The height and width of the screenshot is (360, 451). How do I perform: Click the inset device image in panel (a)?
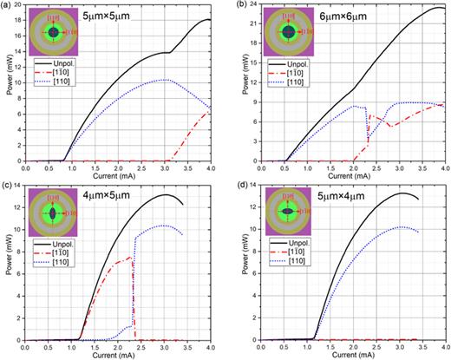point(53,32)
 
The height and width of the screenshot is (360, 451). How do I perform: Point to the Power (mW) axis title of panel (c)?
point(6,265)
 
